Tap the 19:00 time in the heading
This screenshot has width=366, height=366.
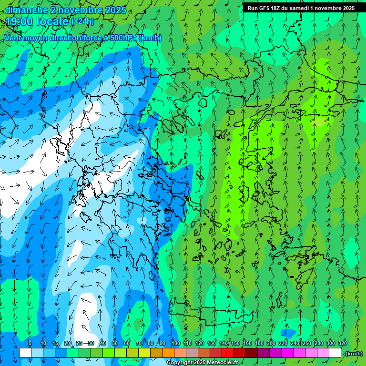(x=21, y=21)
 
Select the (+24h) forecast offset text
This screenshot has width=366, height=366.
(x=82, y=21)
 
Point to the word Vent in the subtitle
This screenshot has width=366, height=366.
(x=13, y=38)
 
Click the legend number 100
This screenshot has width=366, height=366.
(x=175, y=343)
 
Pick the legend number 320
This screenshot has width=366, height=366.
(x=343, y=343)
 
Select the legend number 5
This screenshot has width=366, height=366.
(x=30, y=343)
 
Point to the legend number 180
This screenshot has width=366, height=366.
(x=259, y=343)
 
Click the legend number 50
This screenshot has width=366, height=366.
(x=115, y=343)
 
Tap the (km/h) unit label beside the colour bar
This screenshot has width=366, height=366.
(x=353, y=353)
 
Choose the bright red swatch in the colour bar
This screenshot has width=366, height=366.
(x=228, y=353)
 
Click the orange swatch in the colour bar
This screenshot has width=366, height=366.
(x=168, y=353)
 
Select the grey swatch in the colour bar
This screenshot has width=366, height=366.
(x=192, y=353)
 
